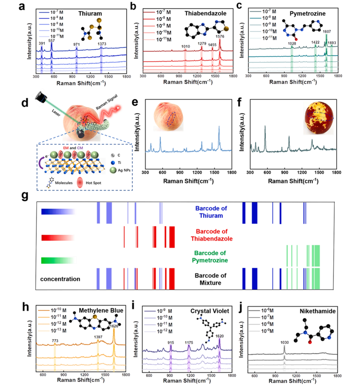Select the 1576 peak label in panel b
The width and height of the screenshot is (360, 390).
[220, 36]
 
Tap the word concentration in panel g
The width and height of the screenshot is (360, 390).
[60, 279]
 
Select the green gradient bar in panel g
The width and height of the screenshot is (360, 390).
[57, 260]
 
